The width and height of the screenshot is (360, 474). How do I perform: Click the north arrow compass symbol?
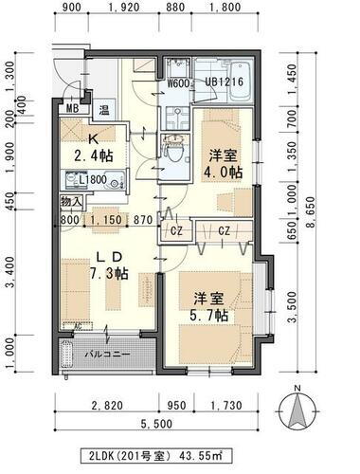pyautogui.click(x=300, y=410)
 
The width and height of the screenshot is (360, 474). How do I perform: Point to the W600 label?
pyautogui.click(x=180, y=82)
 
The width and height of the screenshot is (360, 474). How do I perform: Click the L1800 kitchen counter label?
pyautogui.click(x=92, y=179)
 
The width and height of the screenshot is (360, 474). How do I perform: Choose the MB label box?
pyautogui.click(x=72, y=109)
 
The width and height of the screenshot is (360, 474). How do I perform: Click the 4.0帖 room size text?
pyautogui.click(x=223, y=173)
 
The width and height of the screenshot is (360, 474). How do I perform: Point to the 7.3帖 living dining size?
pyautogui.click(x=106, y=273)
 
